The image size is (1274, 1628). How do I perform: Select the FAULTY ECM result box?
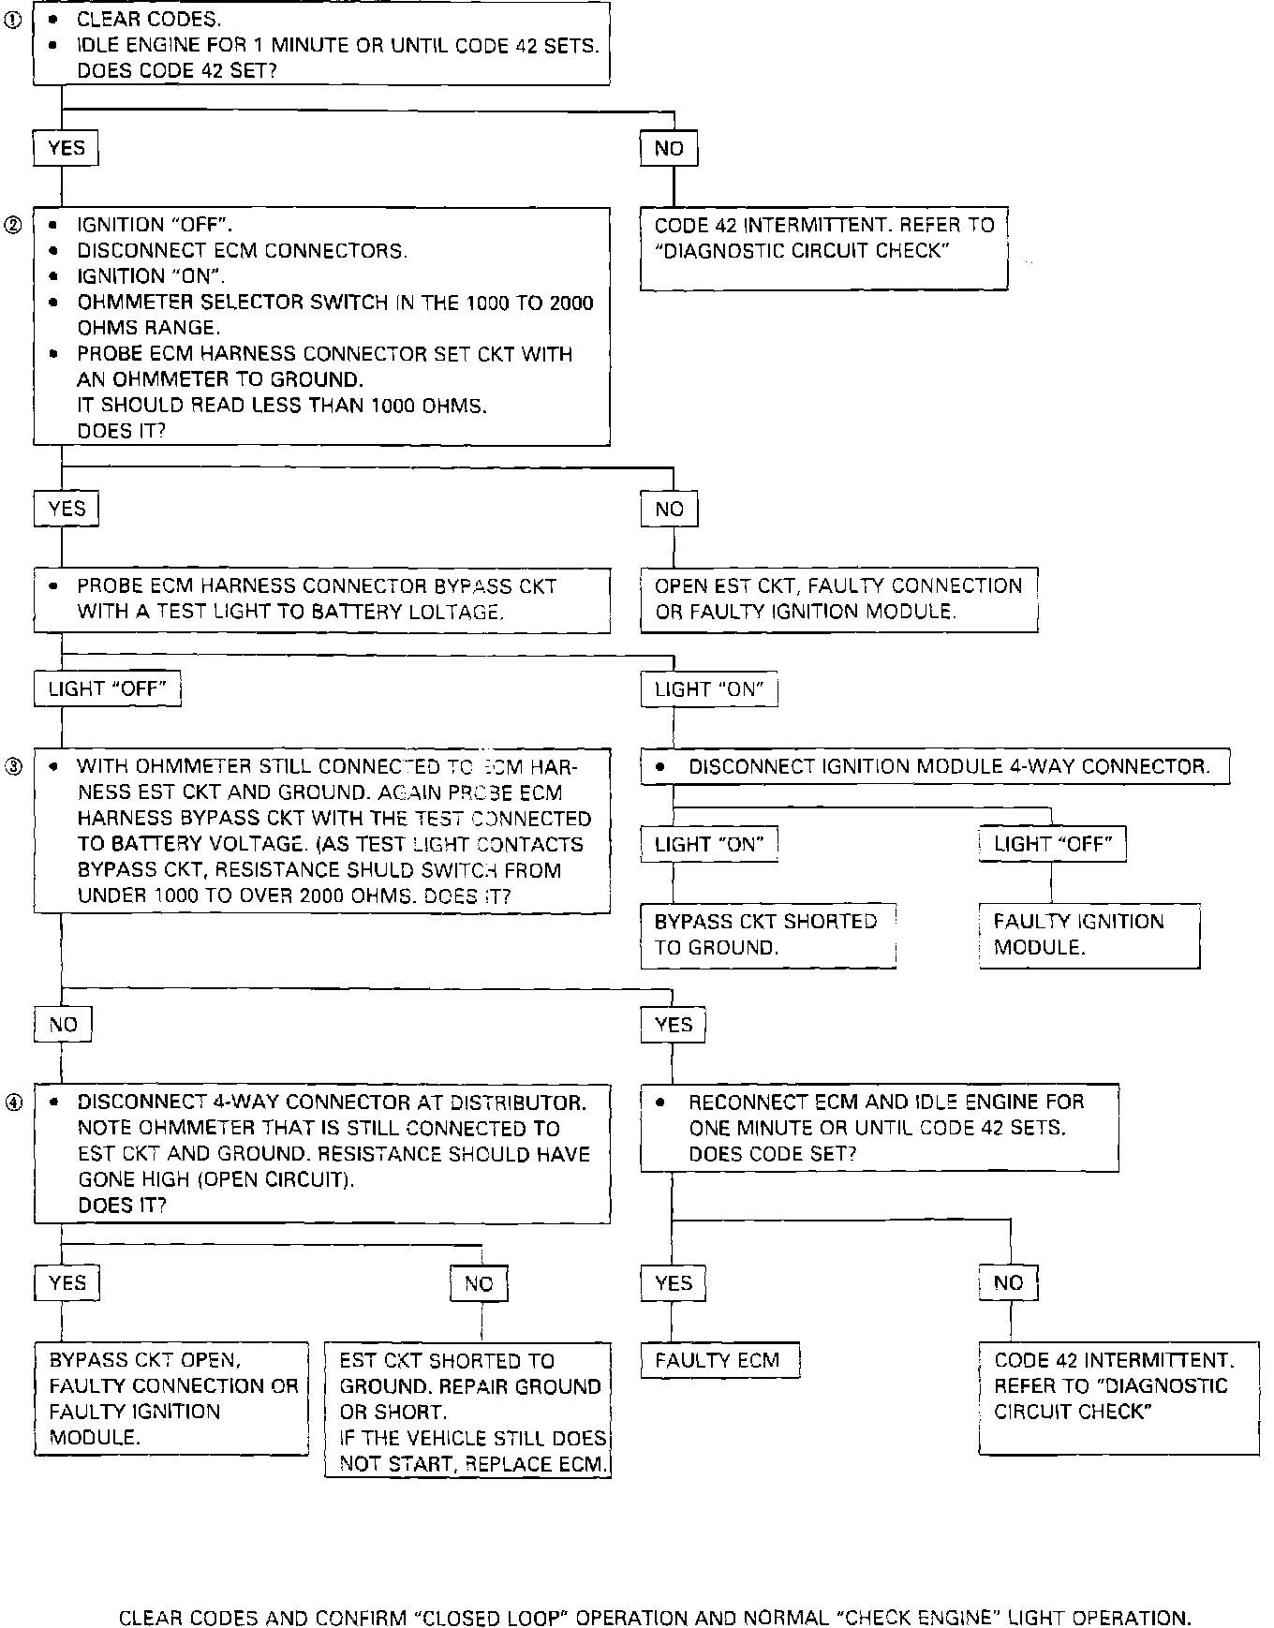pyautogui.click(x=719, y=1361)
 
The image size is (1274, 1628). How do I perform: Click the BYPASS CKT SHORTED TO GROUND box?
pyautogui.click(x=767, y=935)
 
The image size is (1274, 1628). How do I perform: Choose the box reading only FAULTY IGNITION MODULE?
pyautogui.click(x=1089, y=935)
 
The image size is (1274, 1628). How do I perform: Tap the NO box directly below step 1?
pyautogui.click(x=669, y=149)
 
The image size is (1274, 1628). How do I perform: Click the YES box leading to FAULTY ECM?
pyautogui.click(x=674, y=1283)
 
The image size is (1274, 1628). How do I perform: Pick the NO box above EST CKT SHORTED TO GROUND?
pyautogui.click(x=479, y=1284)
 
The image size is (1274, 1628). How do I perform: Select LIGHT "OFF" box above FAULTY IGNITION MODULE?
pyautogui.click(x=1052, y=844)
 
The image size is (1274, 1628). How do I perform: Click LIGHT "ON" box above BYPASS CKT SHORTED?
pyautogui.click(x=709, y=844)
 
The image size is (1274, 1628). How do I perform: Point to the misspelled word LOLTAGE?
pyautogui.click(x=453, y=613)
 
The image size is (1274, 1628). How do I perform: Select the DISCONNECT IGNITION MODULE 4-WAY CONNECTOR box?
pyautogui.click(x=935, y=767)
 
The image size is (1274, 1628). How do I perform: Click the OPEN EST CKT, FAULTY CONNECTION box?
pyautogui.click(x=838, y=599)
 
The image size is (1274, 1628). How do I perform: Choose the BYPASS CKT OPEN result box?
pyautogui.click(x=171, y=1399)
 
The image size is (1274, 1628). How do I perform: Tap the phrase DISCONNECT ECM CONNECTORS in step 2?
pyautogui.click(x=242, y=251)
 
